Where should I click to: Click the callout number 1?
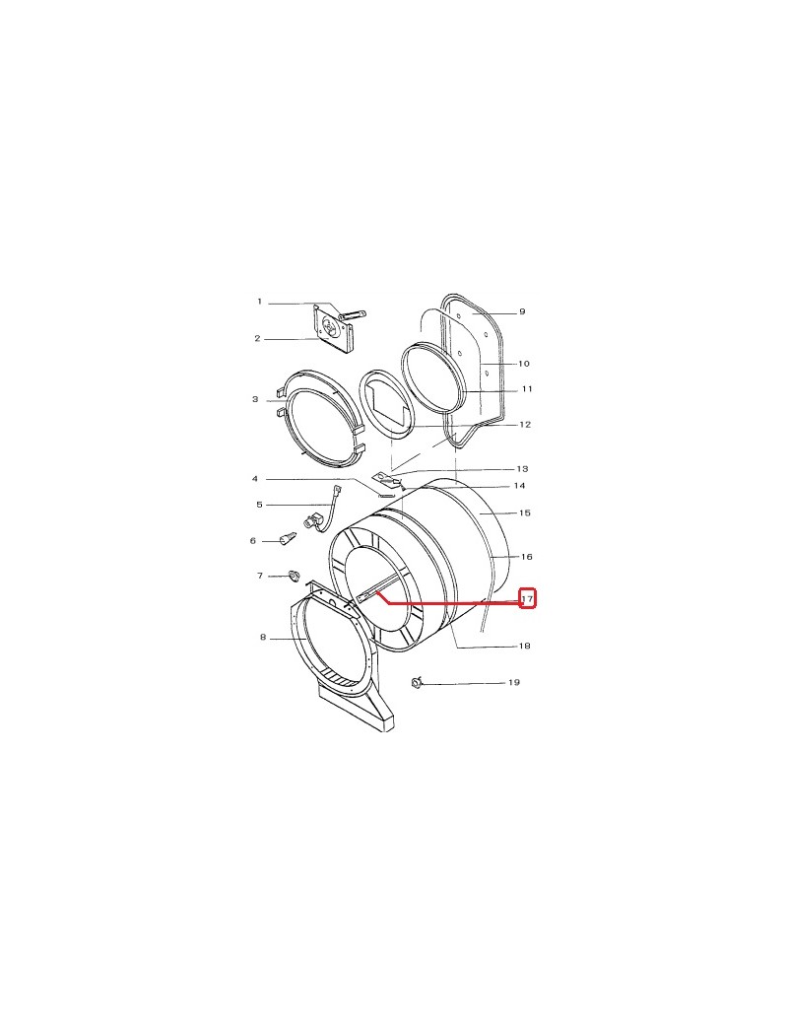(x=259, y=302)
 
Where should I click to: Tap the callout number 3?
(x=255, y=399)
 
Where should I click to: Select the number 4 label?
(x=255, y=479)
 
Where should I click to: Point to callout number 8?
(x=263, y=637)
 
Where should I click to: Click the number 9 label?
(x=522, y=311)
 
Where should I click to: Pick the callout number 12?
(x=525, y=425)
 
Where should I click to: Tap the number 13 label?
(x=522, y=469)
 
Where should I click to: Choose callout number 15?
(x=525, y=513)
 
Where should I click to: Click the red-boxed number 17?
(x=528, y=599)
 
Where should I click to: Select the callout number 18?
(x=524, y=647)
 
